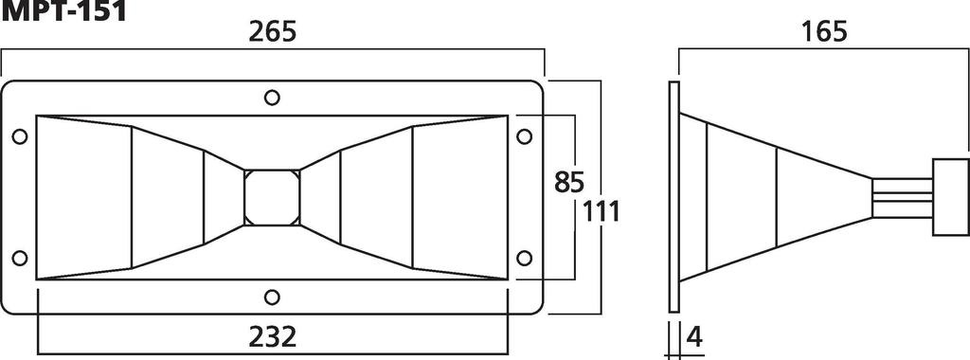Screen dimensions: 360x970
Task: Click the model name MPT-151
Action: [59, 10]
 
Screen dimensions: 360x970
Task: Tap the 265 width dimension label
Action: [272, 31]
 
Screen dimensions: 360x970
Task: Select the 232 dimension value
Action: [272, 336]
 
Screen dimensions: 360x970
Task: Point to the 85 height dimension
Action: [569, 180]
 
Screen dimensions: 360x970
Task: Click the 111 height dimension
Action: [602, 211]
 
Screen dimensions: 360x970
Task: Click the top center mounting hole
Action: [272, 97]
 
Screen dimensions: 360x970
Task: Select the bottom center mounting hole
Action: [272, 297]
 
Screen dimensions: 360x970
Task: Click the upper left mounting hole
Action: [19, 136]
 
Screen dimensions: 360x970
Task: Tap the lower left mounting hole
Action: [19, 258]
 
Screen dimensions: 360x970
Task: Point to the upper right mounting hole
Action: [525, 136]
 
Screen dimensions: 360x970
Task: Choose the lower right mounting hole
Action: [525, 258]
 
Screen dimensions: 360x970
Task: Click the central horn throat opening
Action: [272, 197]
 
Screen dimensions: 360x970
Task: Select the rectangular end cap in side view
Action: [949, 197]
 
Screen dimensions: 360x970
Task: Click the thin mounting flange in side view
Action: [674, 197]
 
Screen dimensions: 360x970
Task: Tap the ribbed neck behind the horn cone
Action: [901, 197]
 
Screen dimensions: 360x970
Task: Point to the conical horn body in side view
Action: [777, 197]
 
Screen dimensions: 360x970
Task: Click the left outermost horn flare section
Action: [83, 197]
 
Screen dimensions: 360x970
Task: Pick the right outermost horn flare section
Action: [460, 197]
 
